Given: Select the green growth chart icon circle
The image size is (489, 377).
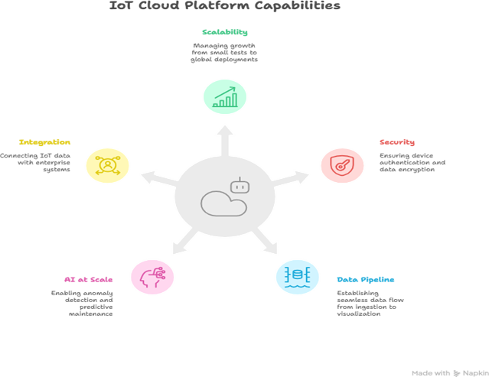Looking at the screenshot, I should coord(224,97).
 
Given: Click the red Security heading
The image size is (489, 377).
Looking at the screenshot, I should coord(397,142).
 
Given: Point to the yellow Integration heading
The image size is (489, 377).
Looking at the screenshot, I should coord(45,142).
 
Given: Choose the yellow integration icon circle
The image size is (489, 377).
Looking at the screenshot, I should coord(107,164).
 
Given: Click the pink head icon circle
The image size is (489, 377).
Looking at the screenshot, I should coord(152,277).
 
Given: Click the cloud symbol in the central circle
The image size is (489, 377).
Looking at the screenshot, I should coord(221,203).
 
